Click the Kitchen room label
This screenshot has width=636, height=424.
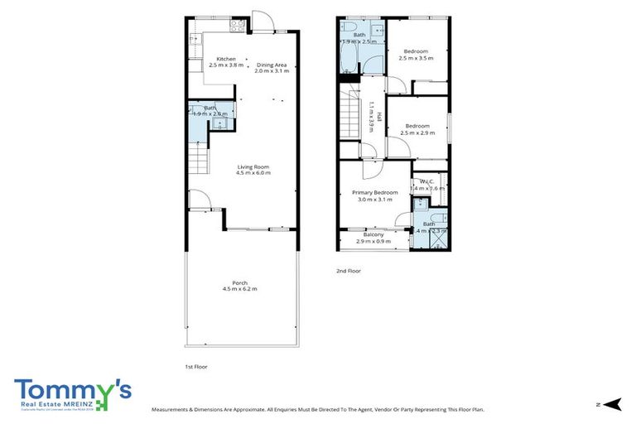point(226,59)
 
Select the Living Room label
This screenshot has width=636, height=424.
point(253,167)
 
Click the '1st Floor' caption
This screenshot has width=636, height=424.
point(195,365)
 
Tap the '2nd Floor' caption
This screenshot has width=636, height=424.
point(349,271)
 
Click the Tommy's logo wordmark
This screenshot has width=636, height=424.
point(71,390)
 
